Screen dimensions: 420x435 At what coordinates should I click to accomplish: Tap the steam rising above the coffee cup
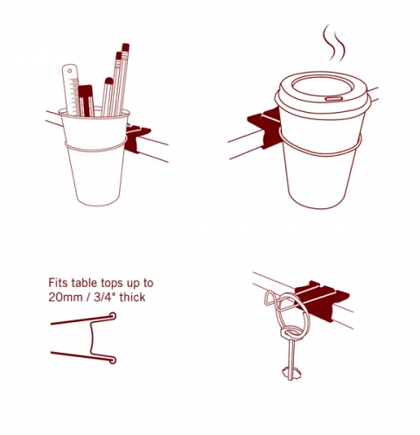pos(334,44)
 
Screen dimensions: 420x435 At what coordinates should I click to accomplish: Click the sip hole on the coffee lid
pos(333,99)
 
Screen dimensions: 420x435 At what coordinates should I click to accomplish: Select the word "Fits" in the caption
pos(59,283)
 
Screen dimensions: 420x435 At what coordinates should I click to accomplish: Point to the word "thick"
pos(132,297)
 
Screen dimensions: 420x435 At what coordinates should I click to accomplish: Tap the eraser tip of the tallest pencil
pos(126,47)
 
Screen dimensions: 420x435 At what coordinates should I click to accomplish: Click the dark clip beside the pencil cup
pos(137,138)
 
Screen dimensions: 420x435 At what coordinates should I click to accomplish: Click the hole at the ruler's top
pos(70,71)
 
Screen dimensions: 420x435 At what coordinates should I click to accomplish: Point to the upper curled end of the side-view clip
pos(112,316)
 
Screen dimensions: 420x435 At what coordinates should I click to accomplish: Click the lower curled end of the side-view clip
pos(112,360)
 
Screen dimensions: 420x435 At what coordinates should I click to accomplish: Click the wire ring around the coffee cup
pos(319,154)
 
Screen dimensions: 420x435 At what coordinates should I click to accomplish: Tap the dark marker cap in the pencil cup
pos(85,91)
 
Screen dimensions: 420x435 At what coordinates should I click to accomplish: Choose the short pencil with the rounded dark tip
pos(107,97)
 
